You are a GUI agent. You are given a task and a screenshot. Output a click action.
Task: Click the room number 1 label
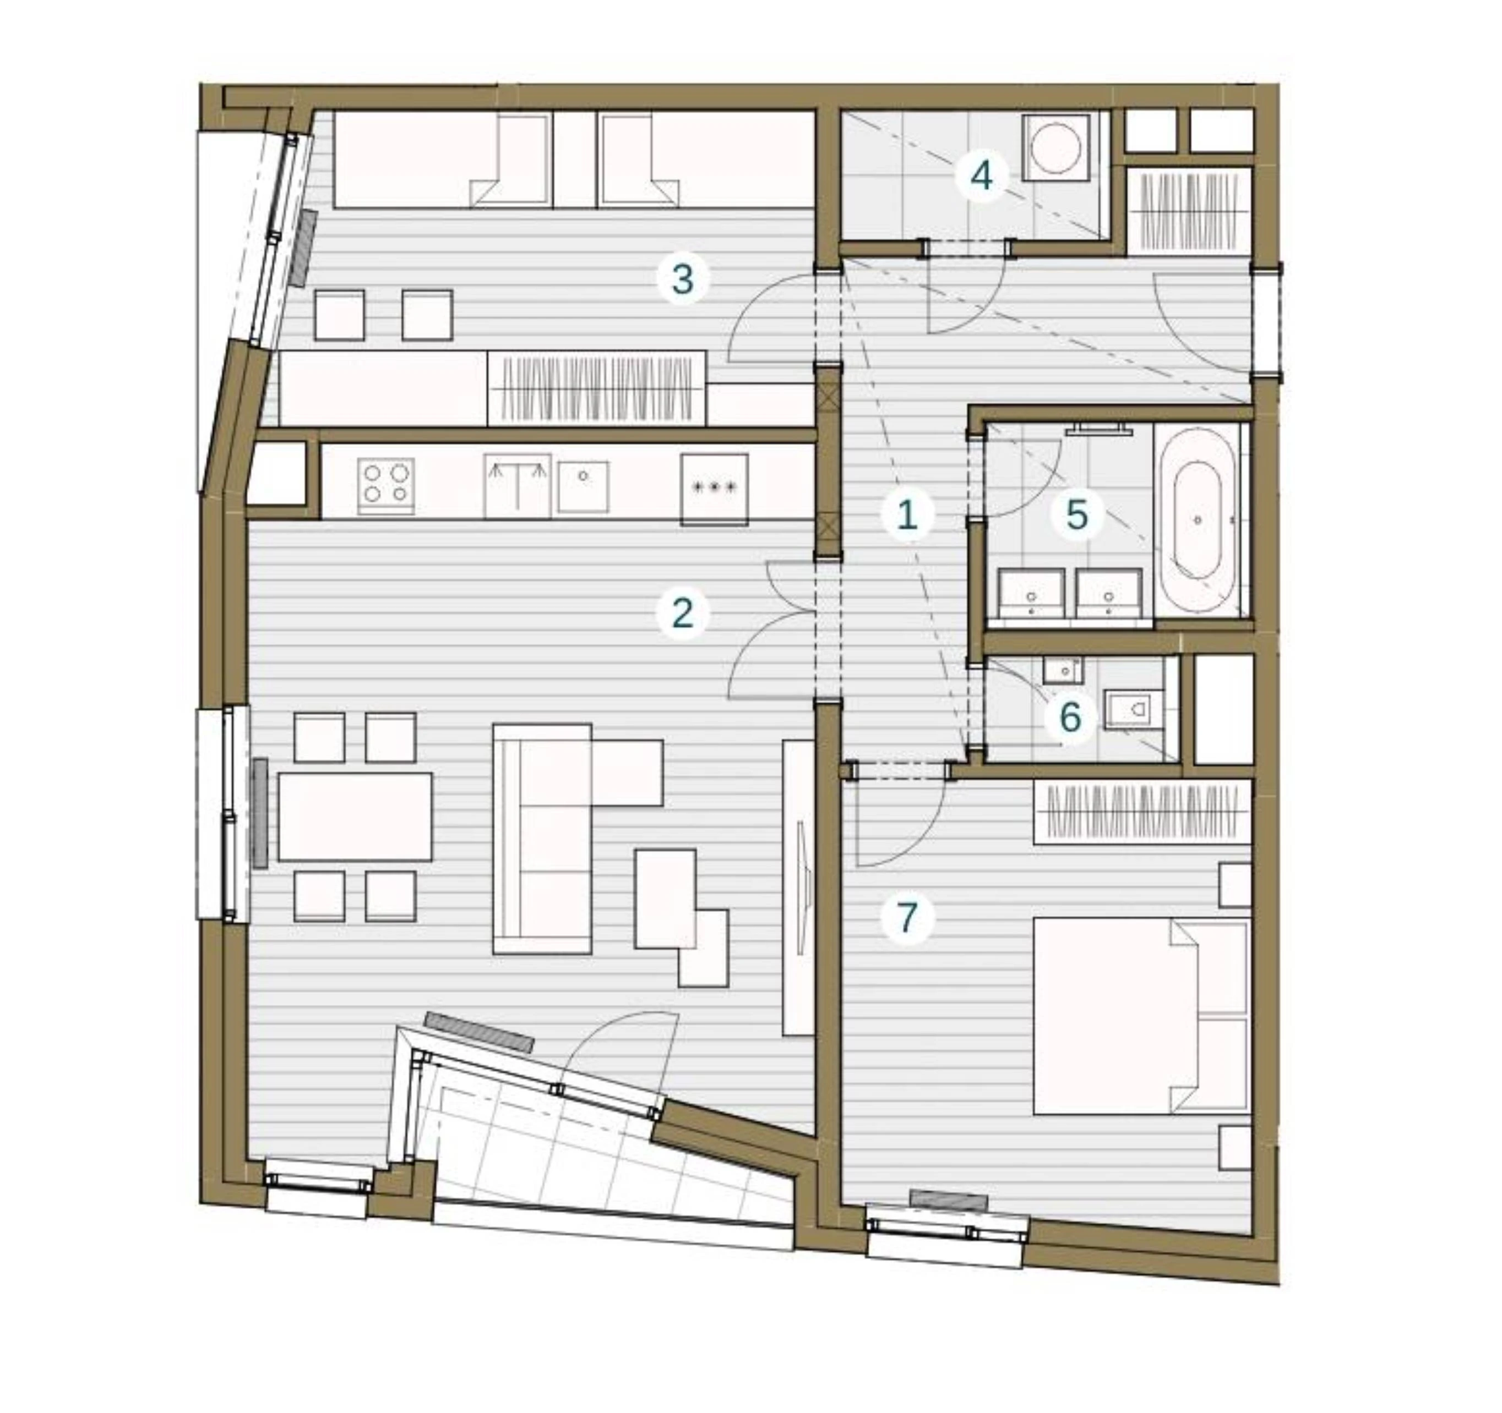(907, 516)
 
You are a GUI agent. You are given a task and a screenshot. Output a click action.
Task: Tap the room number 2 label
(682, 613)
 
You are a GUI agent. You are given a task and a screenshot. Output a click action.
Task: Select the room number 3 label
(682, 280)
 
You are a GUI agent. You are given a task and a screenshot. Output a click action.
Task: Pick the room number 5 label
(1076, 516)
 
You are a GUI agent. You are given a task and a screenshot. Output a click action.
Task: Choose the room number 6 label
(1070, 717)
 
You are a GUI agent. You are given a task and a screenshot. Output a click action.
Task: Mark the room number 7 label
(907, 917)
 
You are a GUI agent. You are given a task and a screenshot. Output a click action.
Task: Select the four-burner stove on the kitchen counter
(386, 485)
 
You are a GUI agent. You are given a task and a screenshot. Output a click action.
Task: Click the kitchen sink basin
(583, 486)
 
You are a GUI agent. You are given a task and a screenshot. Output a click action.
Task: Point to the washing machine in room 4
(1056, 147)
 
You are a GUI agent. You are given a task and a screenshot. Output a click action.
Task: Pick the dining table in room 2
(355, 817)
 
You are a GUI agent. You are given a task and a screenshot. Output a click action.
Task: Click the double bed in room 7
(1141, 1015)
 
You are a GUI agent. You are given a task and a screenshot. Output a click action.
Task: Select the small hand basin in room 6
(1064, 669)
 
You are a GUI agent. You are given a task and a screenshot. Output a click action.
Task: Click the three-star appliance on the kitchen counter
(714, 489)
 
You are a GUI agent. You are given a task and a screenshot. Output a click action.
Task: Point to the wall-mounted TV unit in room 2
(798, 888)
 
